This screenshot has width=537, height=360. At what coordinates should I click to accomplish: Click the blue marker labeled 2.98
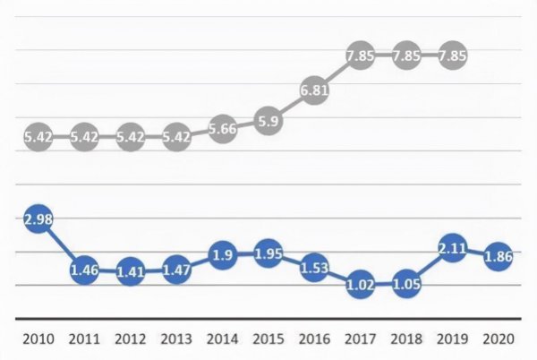38,220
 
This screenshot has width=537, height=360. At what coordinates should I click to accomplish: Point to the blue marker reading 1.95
267,253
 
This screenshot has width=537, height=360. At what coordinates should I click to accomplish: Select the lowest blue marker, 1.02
360,284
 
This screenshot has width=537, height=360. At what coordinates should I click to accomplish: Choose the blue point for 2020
498,256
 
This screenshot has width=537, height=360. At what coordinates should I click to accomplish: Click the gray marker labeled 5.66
221,128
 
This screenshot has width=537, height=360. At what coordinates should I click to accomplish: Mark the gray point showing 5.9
267,120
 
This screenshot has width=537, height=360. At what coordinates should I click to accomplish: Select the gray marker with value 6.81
313,90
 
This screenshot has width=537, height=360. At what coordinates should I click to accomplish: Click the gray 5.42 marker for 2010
38,137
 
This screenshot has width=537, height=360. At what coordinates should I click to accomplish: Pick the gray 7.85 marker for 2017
360,56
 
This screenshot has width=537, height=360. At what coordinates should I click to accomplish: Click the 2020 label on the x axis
498,339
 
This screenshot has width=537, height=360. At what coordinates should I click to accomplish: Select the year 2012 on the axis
130,339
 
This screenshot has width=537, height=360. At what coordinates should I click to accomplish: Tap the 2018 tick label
405,339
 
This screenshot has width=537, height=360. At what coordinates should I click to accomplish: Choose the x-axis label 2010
38,339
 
